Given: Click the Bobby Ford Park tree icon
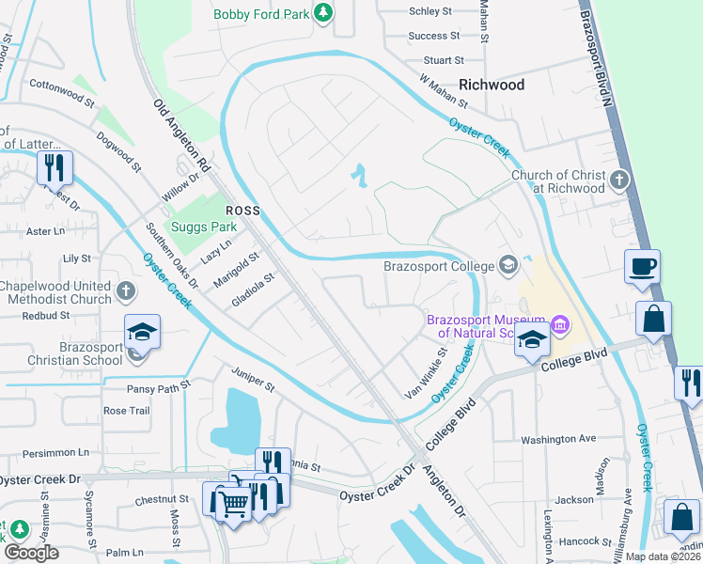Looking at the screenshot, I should (324, 12).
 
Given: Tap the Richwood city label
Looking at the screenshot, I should (491, 85).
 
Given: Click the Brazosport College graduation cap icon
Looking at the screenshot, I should (508, 265).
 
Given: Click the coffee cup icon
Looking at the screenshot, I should (642, 267).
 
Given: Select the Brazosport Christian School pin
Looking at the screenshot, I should (142, 332).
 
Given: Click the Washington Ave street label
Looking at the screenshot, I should (558, 439).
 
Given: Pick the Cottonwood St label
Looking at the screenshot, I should (62, 91).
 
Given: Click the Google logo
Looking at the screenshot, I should (31, 553).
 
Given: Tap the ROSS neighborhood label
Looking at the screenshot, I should (242, 210).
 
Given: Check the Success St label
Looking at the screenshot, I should (434, 36).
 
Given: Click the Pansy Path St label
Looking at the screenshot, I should (159, 385).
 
